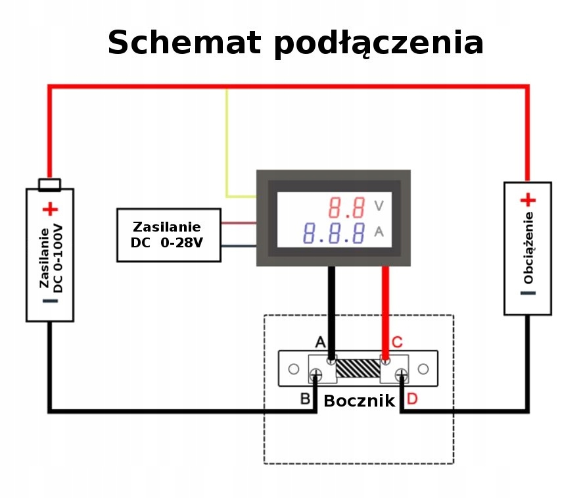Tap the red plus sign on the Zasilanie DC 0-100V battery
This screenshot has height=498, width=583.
pos(50,210)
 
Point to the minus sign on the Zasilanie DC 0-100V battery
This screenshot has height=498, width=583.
pos(51,301)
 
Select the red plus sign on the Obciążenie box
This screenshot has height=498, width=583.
pos(528,200)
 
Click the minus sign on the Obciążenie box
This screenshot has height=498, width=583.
pos(528,293)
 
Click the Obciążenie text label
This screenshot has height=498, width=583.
pos(528,247)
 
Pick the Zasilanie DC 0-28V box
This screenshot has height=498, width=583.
pos(168,235)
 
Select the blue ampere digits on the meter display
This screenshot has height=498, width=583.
pos(335,233)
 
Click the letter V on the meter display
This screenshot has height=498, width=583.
pos(379,206)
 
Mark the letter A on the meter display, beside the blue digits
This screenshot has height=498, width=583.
pos(379,232)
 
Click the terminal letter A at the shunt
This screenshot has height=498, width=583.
pos(320,342)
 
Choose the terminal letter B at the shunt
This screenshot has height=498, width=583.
pos(305,398)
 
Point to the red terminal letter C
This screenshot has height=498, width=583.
pos(397,342)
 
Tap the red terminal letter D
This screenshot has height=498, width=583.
pos(412,398)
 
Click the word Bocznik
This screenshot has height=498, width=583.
pos(359,401)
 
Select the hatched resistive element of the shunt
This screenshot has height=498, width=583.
pos(358,368)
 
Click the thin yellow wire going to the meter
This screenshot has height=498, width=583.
pos(227,145)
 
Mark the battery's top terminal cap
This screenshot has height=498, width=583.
pos(50,184)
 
